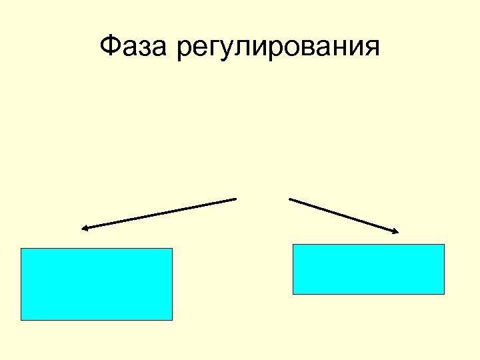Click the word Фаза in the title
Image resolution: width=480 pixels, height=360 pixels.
pos(135,47)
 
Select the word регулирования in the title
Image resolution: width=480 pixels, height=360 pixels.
pos(279,49)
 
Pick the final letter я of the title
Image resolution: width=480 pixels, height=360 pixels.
pos(371,49)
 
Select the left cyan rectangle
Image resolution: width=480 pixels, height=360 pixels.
pos(97,284)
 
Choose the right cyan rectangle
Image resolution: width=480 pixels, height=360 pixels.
pos(369,269)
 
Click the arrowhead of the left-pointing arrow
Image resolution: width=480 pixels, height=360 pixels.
pos(83,229)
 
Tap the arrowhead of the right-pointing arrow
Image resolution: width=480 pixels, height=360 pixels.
pos(396,232)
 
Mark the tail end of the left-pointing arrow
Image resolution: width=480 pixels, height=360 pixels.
pos(236,199)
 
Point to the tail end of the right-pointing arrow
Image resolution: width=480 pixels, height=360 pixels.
pos(289,198)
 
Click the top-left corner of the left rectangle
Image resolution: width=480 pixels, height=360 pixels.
pos(21,249)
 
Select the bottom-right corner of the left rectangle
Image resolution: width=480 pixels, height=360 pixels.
pos(172,320)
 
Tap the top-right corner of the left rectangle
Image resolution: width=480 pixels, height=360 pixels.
pos(172,249)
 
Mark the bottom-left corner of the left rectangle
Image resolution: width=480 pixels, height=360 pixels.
pos(21,320)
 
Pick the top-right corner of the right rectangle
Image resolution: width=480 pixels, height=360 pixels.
pos(444,245)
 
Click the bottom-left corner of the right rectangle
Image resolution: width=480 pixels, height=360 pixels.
pos(293,294)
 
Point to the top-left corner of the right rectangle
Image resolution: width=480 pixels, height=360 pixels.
pos(293,245)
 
